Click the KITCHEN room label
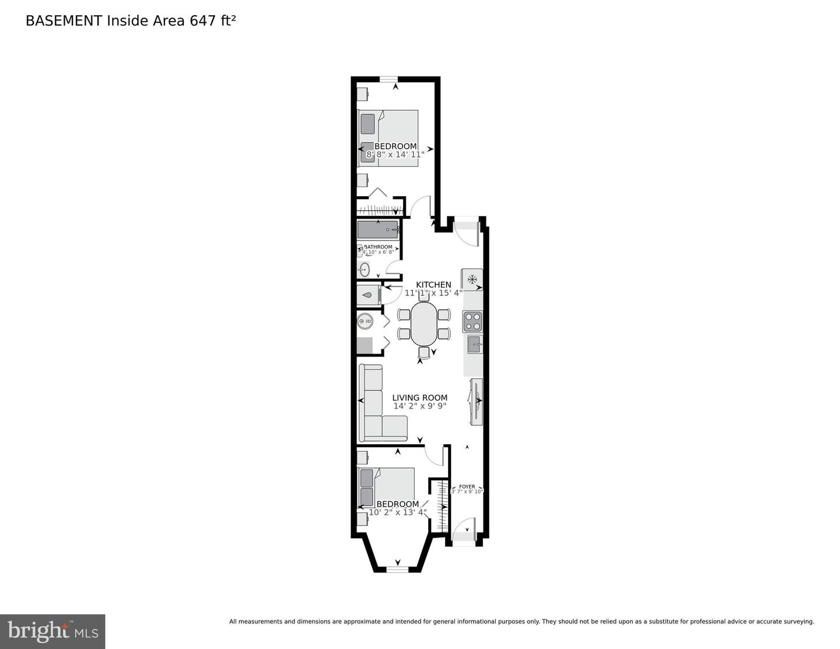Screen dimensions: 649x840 [x=433, y=285]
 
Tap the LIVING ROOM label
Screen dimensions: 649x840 [x=419, y=397]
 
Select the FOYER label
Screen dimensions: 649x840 [x=467, y=486]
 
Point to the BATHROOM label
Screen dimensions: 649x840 [x=379, y=247]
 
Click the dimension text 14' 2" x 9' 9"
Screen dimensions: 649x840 [x=419, y=406]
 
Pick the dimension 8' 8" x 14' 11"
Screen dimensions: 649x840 [x=395, y=155]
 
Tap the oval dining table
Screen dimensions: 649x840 [x=424, y=324]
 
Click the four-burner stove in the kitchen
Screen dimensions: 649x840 [x=473, y=321]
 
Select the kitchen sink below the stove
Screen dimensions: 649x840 [x=474, y=344]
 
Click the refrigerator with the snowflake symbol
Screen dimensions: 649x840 [x=472, y=278]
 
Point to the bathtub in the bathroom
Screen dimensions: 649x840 [x=378, y=230]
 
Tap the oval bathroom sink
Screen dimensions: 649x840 [x=365, y=270]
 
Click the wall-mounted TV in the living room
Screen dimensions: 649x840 [x=476, y=400]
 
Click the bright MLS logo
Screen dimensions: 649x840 [x=52, y=631]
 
